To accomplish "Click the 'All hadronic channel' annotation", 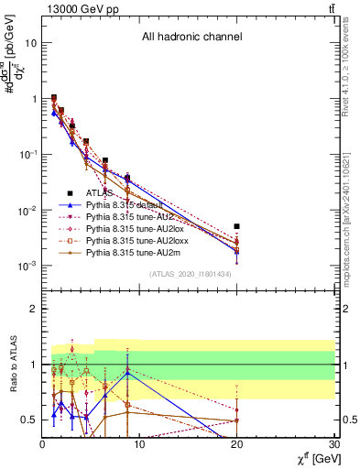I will coord(191,38).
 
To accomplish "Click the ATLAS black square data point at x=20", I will coord(237,226).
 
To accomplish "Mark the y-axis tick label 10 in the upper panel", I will coord(31,43).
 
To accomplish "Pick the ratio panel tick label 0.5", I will coord(29,420).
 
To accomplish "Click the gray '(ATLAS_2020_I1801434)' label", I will coord(190,275).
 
